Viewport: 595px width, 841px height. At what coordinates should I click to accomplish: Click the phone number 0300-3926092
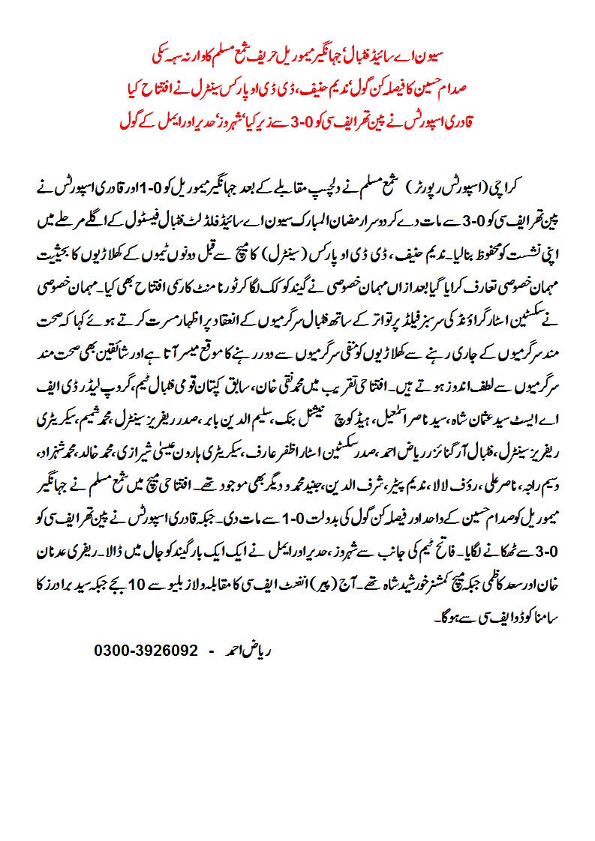[x=146, y=650]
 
